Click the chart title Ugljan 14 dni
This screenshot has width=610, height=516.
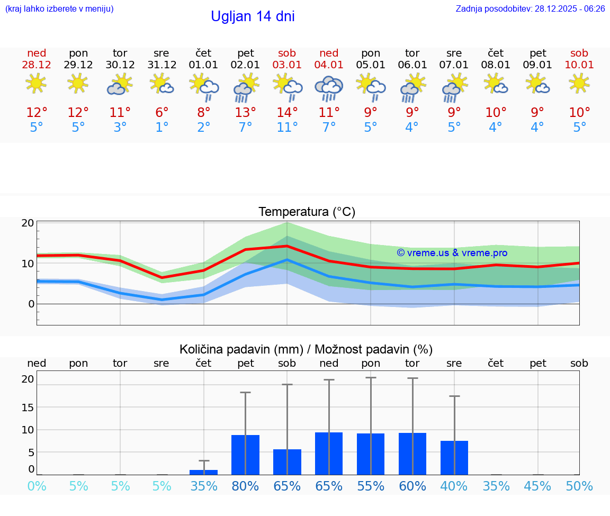pyautogui.click(x=253, y=16)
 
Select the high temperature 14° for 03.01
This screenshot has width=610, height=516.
pyautogui.click(x=287, y=113)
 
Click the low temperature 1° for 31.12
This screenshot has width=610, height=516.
pyautogui.click(x=162, y=128)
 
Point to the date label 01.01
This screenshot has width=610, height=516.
pyautogui.click(x=203, y=65)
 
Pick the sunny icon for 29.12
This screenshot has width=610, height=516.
pyautogui.click(x=78, y=83)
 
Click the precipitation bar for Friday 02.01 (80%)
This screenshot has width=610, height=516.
pyautogui.click(x=245, y=455)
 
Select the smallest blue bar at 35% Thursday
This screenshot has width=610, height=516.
pyautogui.click(x=203, y=472)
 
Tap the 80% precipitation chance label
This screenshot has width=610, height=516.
pyautogui.click(x=245, y=486)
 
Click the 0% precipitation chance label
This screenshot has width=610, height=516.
pyautogui.click(x=37, y=486)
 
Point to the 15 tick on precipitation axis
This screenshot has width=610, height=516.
pyautogui.click(x=28, y=407)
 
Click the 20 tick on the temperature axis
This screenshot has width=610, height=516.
pyautogui.click(x=28, y=223)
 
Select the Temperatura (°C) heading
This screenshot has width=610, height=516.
pyautogui.click(x=307, y=212)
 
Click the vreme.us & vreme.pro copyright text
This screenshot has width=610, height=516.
pyautogui.click(x=452, y=253)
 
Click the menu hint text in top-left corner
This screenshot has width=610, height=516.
pyautogui.click(x=59, y=9)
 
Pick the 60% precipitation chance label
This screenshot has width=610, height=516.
pyautogui.click(x=412, y=486)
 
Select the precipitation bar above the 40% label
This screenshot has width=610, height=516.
pyautogui.click(x=454, y=457)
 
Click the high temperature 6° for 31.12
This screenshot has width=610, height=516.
pyautogui.click(x=162, y=113)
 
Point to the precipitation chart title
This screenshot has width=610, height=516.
pyautogui.click(x=306, y=349)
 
